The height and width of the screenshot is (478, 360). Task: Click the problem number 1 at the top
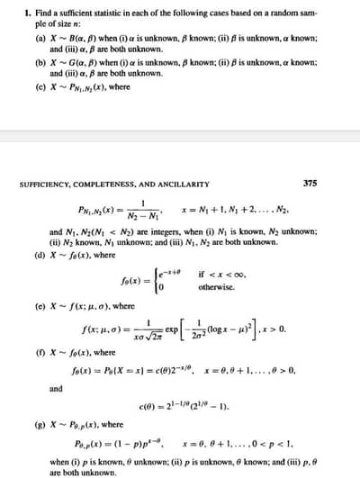pyautogui.click(x=28, y=14)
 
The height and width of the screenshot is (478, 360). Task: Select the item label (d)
pyautogui.click(x=40, y=256)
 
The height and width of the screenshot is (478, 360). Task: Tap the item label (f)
pyautogui.click(x=40, y=352)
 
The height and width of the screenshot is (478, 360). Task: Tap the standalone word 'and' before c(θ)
pyautogui.click(x=55, y=388)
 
